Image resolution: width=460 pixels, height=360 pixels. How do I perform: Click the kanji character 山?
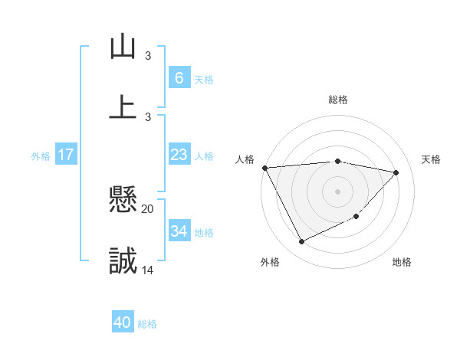coord(123,47)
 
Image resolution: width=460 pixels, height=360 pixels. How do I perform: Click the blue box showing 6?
coord(179,77)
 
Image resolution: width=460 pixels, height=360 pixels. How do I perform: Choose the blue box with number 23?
coord(179,155)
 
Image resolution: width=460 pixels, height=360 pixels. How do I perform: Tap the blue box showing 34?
coord(179,231)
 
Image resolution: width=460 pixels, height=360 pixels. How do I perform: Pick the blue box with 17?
coord(66,155)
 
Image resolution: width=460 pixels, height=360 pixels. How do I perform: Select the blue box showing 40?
coord(123,322)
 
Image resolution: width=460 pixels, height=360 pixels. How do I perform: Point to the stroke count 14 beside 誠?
coord(148,270)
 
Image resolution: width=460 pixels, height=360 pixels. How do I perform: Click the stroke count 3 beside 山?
coord(148,55)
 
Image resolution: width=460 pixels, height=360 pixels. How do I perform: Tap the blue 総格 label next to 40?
coord(147,324)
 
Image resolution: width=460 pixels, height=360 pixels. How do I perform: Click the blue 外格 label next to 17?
coord(41,156)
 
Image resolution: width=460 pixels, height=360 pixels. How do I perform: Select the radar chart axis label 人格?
coord(244,159)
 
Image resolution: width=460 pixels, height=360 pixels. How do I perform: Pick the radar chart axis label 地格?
coord(402,262)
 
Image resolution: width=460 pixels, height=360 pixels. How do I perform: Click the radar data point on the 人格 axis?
coord(264,168)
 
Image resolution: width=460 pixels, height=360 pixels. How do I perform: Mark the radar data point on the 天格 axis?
coord(396,172)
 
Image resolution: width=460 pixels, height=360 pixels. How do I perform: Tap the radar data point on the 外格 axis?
coord(301,242)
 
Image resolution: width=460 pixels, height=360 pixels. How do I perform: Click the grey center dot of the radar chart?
coord(337,191)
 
